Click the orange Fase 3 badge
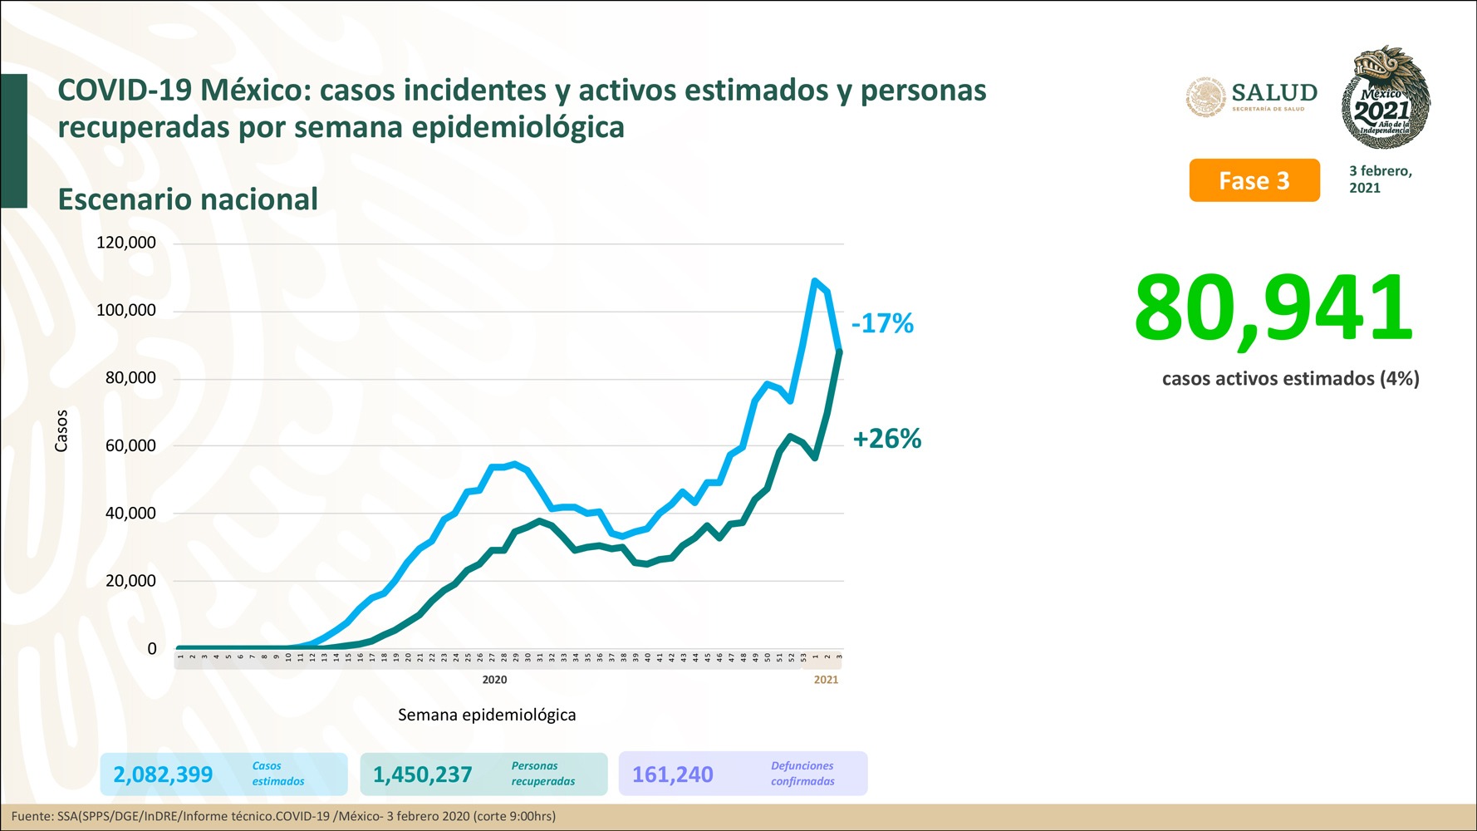tap(1254, 180)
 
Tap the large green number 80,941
tap(1273, 308)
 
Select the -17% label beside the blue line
tap(882, 323)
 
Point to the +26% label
tap(887, 439)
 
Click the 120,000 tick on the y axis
tap(126, 243)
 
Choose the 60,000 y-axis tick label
tap(130, 445)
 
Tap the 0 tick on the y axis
tap(152, 648)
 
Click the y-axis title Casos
tap(61, 430)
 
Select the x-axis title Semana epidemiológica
tap(487, 715)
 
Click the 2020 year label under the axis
tap(494, 680)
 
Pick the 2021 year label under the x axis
tap(826, 680)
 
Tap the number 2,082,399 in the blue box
tap(163, 774)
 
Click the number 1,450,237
tap(423, 774)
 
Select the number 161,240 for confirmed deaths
tap(673, 774)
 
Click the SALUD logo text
tap(1274, 93)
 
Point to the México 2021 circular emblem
tap(1385, 98)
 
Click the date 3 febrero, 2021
tap(1380, 179)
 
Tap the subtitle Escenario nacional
tap(188, 199)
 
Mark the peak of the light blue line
tap(814, 281)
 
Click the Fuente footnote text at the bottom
tap(283, 816)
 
